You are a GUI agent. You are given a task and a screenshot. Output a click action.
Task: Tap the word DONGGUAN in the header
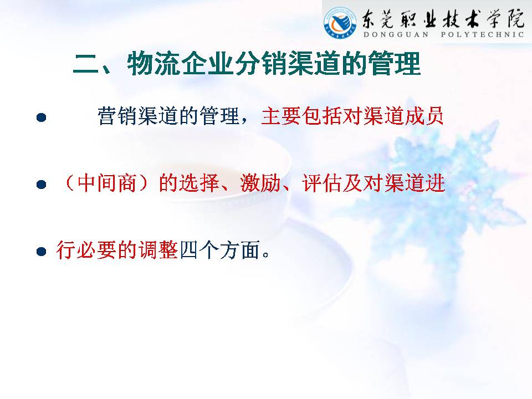396,34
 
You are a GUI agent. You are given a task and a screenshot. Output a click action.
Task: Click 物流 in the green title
154,63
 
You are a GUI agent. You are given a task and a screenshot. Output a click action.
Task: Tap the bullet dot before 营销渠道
42,117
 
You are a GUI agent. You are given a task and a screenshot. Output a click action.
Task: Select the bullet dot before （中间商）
42,184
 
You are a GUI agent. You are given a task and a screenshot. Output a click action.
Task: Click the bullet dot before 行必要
42,252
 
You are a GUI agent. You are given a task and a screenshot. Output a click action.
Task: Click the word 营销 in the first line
117,116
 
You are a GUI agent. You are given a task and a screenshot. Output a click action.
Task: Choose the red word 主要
282,116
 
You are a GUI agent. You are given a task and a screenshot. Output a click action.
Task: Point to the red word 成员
424,116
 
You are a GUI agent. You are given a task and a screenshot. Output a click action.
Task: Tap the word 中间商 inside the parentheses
107,183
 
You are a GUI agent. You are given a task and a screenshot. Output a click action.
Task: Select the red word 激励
260,183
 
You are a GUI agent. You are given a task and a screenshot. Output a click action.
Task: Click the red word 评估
322,183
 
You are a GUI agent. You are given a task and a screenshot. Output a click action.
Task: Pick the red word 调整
158,250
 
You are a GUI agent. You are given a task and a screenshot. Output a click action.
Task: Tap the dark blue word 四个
199,250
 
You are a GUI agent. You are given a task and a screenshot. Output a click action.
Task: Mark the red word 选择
199,183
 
